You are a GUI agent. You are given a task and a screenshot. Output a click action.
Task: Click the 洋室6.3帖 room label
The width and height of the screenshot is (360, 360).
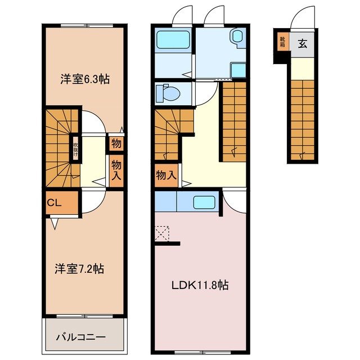coord(84,80)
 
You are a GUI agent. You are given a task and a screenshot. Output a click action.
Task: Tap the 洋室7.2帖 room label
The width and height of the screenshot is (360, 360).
coord(79,268)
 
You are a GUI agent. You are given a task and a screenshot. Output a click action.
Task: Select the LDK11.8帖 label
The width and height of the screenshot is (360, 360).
coord(200,285)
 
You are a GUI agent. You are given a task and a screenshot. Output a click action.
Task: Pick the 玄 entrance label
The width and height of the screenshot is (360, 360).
coord(303,43)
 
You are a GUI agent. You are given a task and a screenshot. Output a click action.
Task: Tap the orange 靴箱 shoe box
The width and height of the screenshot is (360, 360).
coord(281,43)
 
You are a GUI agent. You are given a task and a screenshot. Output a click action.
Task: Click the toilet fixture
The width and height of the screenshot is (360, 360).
coord(167,92)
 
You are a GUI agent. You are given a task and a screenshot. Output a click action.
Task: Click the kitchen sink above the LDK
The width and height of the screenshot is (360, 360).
coord(201,201)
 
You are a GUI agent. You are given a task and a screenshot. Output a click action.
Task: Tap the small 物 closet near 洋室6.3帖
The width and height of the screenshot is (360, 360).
coord(116,143)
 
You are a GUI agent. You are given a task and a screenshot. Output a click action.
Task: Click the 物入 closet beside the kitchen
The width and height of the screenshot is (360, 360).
coord(165,175)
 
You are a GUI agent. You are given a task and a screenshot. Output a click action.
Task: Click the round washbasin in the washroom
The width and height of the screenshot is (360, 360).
coord(236,38)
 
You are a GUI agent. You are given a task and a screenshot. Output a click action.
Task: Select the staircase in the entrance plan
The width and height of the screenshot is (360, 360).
coord(303,118)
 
